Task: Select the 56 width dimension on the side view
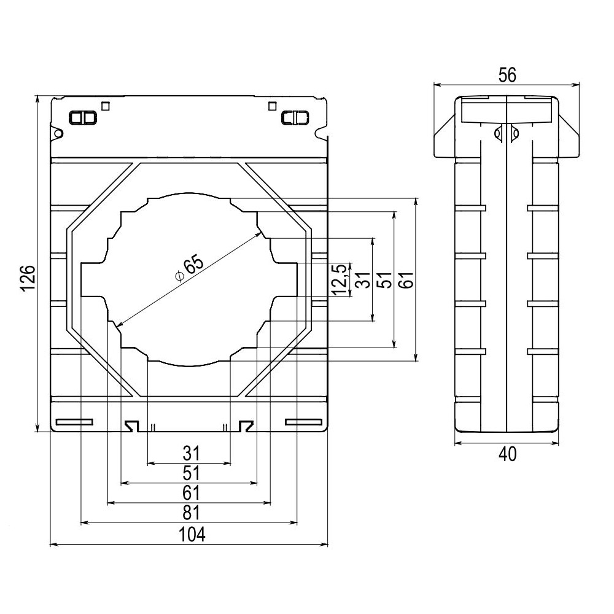[507, 74]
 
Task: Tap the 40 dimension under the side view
[507, 454]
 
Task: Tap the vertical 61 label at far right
[408, 279]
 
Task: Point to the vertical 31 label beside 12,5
[363, 279]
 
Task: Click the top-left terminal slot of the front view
[82, 117]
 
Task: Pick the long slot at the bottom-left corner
[74, 422]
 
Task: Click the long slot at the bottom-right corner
[303, 422]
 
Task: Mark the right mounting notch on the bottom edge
[246, 426]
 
